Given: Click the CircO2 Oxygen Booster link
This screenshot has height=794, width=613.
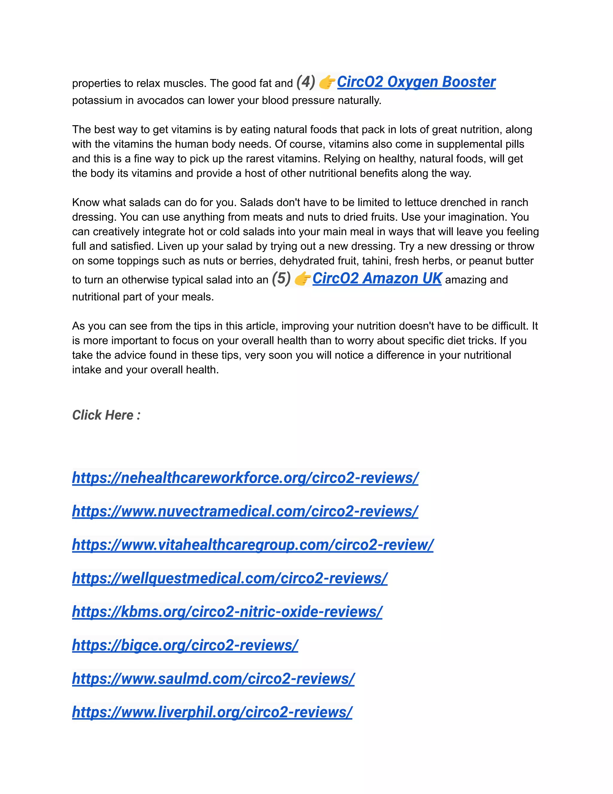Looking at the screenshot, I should pos(416,82).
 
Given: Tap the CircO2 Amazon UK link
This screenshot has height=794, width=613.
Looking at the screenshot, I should pos(377,279).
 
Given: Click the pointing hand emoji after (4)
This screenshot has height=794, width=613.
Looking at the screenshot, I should pos(327,82).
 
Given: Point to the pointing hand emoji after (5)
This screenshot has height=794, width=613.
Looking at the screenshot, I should pos(302,279).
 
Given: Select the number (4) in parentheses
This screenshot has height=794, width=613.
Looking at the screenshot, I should pos(305,82).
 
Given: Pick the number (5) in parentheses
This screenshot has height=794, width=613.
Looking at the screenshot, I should pos(281,279).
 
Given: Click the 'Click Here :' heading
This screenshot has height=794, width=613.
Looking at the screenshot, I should pos(106,415).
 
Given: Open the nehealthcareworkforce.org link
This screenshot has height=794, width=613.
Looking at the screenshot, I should pos(245,478).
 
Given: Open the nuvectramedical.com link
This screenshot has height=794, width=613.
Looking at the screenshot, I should pos(245,511).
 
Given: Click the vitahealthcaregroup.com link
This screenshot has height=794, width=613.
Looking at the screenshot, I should pos(253,545).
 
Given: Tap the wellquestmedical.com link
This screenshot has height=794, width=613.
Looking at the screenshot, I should pos(230,578).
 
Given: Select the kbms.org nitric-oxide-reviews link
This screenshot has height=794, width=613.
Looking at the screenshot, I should pos(227,612).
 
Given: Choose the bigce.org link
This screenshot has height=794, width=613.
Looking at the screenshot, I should pos(185,645).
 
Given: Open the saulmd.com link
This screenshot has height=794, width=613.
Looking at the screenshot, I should pos(213,678).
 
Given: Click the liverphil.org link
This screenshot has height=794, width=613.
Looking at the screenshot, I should pos(212,712).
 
